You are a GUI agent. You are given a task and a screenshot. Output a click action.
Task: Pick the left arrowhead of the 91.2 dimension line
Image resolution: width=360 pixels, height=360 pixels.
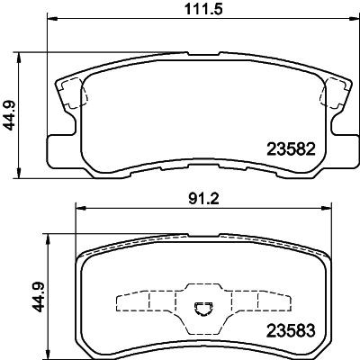pos(79,206)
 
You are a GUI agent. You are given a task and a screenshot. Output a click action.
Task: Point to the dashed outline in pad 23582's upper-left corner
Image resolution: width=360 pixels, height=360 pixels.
pos(72,94)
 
